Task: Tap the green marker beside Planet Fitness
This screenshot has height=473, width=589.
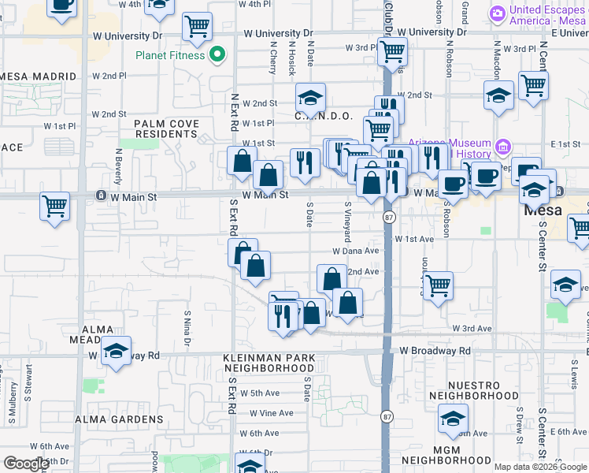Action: click(x=220, y=55)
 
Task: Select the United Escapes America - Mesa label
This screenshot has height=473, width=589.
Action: click(x=541, y=16)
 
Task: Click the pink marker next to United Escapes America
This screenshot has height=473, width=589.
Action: click(x=497, y=13)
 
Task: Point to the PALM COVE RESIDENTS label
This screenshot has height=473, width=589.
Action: click(x=166, y=129)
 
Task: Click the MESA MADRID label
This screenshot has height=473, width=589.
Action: click(x=38, y=76)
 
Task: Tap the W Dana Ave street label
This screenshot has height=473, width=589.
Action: click(x=356, y=251)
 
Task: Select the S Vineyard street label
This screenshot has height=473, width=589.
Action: click(x=347, y=222)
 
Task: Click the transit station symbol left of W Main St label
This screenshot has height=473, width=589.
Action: click(x=101, y=195)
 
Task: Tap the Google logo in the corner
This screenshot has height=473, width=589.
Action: click(x=26, y=464)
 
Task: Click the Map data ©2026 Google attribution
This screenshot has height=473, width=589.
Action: click(x=540, y=467)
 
